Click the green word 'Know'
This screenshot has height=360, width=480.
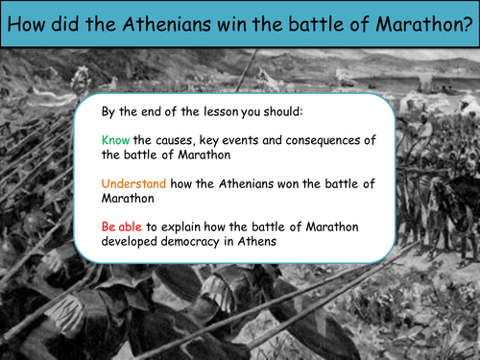(x=116, y=139)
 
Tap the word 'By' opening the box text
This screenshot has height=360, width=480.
(x=108, y=109)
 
